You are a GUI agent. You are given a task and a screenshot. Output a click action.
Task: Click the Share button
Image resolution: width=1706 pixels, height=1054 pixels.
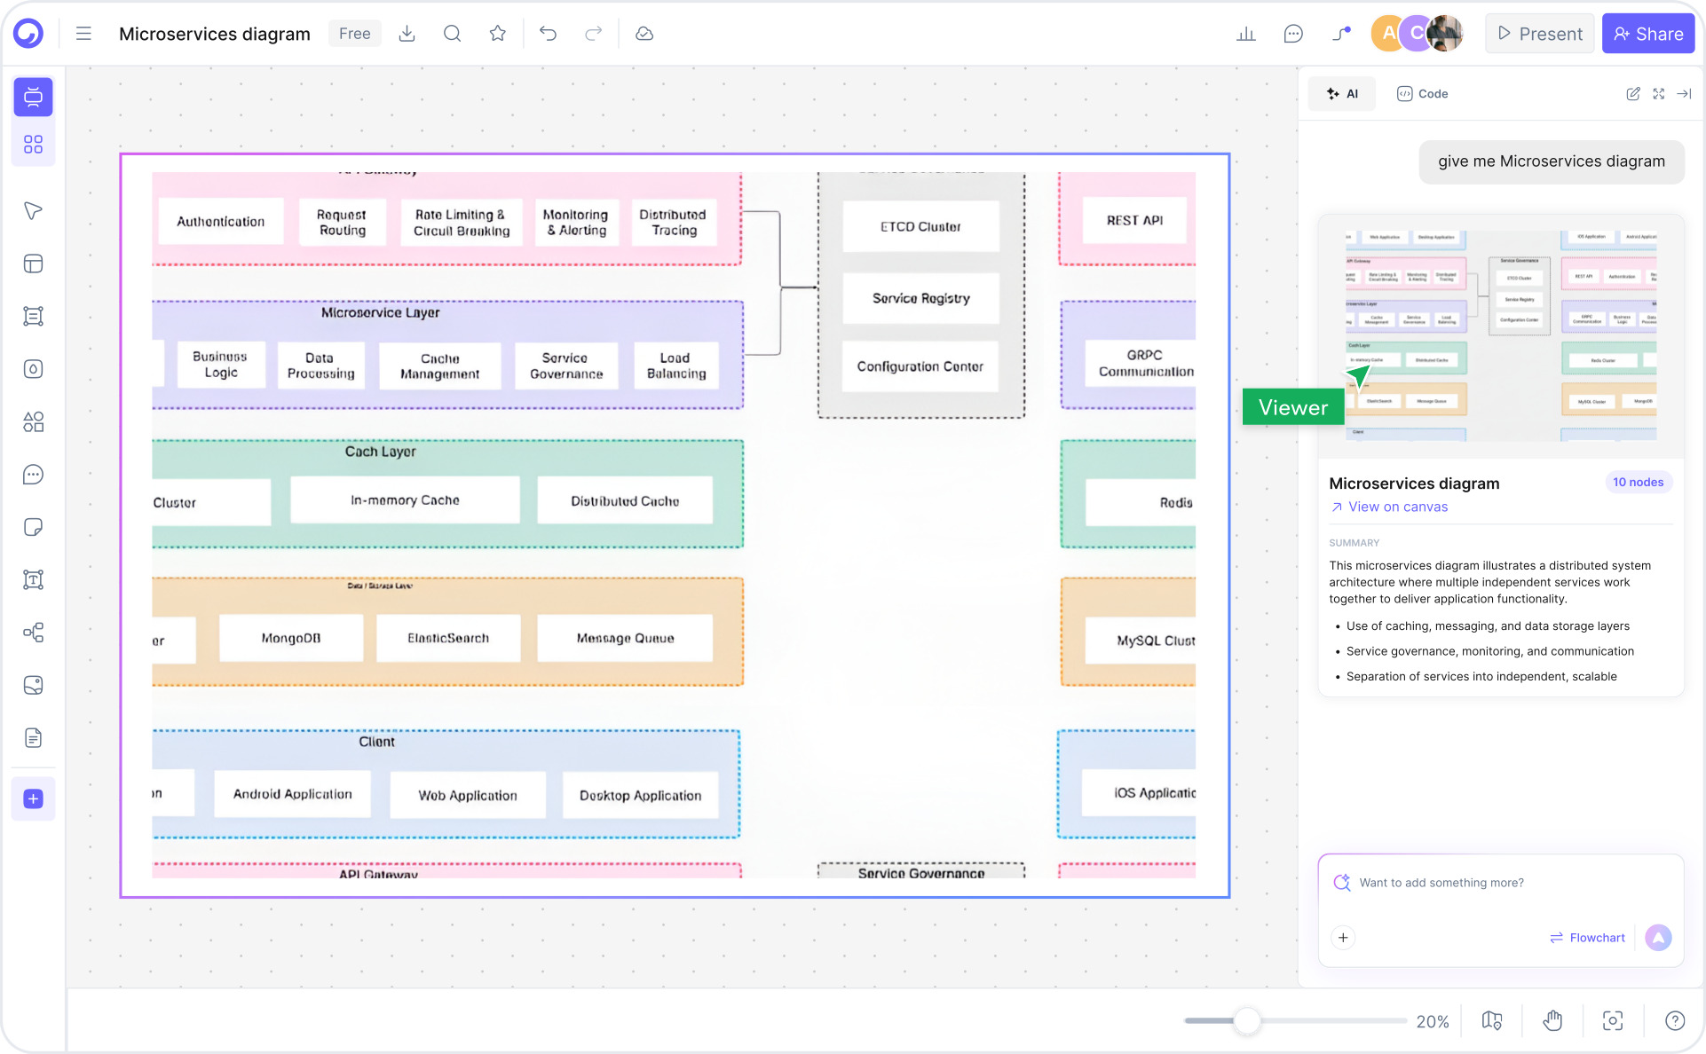coord(1647,34)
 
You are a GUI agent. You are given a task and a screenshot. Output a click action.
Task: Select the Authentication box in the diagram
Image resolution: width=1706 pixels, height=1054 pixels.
coord(220,222)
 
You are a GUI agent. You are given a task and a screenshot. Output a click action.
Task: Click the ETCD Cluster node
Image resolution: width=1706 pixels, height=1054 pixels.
coord(920,227)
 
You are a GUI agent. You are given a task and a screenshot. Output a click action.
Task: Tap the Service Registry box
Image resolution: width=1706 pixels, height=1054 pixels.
coord(920,299)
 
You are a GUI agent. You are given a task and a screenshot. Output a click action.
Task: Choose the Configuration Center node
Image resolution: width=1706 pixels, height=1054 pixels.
coord(920,366)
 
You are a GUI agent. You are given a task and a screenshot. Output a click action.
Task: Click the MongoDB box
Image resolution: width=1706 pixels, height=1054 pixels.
coord(291,638)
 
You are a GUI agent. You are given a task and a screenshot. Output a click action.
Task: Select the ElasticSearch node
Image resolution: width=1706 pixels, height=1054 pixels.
coord(448,638)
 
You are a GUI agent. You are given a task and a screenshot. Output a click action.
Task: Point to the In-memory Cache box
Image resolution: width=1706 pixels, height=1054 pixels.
coord(405,500)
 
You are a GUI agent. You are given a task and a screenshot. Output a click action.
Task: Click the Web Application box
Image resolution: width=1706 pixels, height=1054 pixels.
coord(468,795)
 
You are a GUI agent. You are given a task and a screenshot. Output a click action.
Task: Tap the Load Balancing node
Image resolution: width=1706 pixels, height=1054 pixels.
coord(676,366)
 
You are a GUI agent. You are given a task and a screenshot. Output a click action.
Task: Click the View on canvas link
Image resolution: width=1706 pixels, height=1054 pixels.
coord(1397,507)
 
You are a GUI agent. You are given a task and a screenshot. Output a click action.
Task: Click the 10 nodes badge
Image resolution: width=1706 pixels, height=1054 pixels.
coord(1638,483)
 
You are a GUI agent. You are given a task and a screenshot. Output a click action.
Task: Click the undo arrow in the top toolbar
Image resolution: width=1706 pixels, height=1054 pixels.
coord(548,34)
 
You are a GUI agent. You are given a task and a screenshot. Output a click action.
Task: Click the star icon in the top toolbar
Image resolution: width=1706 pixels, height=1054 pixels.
coord(497,34)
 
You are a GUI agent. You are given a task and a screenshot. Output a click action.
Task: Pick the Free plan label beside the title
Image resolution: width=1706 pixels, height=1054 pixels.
coord(354,34)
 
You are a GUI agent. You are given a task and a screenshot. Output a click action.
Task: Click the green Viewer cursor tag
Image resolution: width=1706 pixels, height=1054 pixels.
coord(1292,407)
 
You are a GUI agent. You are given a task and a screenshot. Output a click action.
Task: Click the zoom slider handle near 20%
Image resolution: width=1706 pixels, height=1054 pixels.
coord(1246,1021)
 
